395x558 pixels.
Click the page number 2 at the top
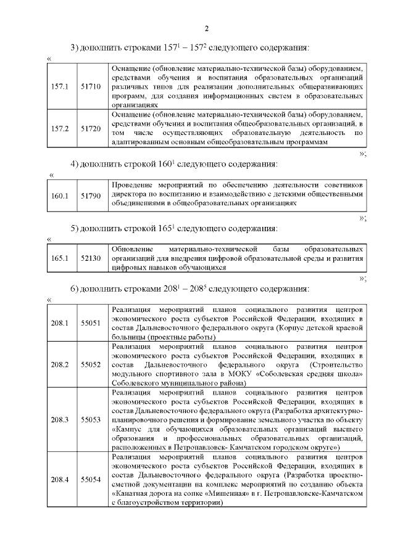click(207, 28)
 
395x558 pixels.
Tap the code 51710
click(91, 86)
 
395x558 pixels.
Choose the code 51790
click(91, 195)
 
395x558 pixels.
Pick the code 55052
click(91, 365)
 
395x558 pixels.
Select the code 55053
click(91, 419)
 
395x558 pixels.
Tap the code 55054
click(91, 479)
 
